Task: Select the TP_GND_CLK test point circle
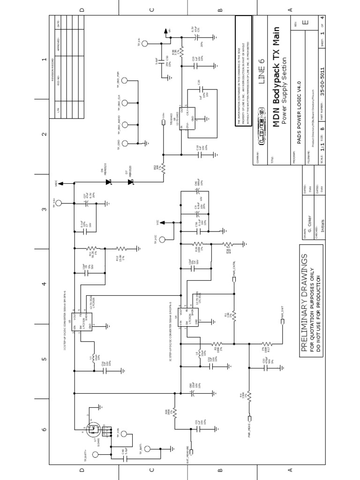tap(139, 102)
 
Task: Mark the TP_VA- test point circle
tap(145, 44)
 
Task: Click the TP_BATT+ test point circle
tap(96, 454)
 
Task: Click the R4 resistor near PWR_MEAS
tap(249, 397)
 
